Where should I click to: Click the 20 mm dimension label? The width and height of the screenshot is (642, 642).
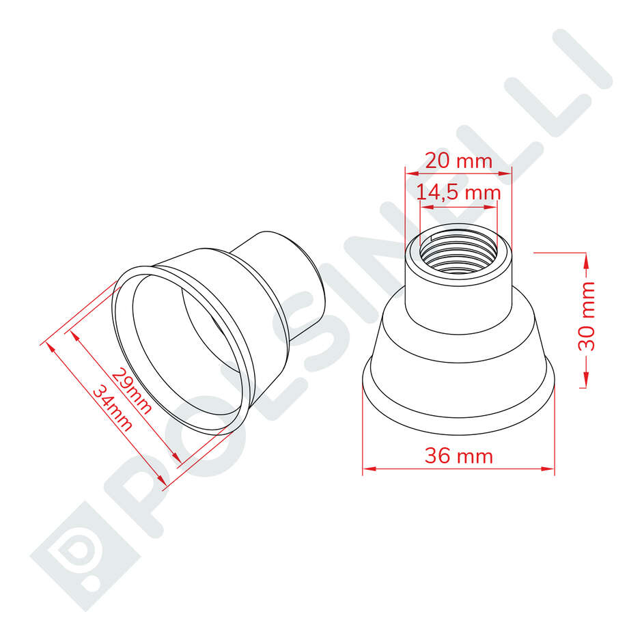pos(458,161)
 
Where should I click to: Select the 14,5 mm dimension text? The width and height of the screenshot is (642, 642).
pos(458,193)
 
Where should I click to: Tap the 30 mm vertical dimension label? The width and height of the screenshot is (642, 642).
pos(587,316)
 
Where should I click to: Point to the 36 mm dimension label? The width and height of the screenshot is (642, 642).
pos(458,456)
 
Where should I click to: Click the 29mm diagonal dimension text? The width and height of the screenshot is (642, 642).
pos(132,391)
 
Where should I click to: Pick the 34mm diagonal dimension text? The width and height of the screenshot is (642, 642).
pos(113,408)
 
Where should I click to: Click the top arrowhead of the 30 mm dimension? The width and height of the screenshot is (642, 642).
pos(585,257)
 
